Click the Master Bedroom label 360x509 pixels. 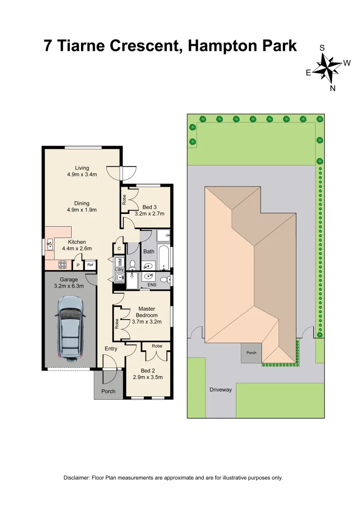146,315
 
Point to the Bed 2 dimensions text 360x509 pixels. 148,378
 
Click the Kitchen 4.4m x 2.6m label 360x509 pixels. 76,245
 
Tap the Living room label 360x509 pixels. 82,171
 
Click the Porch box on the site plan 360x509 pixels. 252,353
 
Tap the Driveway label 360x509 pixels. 221,390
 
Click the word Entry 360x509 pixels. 111,349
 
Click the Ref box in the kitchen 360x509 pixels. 90,265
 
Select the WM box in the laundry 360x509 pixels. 120,261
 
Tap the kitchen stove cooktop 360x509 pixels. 62,265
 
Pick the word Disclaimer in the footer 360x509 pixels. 77,477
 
